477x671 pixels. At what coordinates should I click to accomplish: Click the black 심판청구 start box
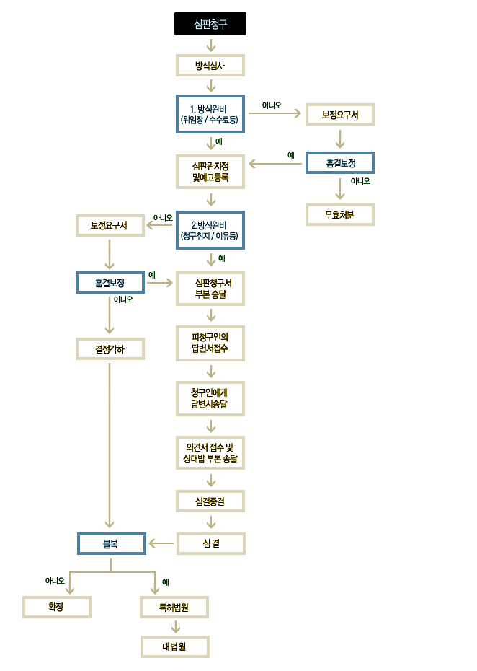coord(210,24)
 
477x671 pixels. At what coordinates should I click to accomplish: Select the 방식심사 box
coord(210,66)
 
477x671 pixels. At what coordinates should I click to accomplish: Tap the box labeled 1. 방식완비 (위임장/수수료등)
coord(210,114)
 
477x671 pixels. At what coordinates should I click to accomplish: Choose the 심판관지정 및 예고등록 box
coord(210,172)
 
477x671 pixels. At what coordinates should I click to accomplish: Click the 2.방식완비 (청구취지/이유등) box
coord(210,230)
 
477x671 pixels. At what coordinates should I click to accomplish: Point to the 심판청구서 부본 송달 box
coord(210,289)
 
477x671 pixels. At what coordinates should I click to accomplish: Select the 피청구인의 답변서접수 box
coord(210,343)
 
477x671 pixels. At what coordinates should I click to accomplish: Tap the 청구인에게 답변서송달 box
coord(210,398)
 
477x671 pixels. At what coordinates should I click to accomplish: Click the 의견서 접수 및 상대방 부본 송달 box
coord(210,453)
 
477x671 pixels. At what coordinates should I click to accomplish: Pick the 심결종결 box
coord(210,501)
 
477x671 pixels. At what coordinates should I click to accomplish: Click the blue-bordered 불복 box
coord(112,543)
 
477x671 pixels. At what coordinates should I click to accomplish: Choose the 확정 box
coord(57,607)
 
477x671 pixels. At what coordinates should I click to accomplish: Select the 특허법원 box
coord(174,607)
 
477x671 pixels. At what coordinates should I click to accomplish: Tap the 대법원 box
coord(175,646)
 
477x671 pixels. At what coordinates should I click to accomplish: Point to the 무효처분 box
coord(340,215)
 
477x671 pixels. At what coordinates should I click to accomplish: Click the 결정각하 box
coord(110,348)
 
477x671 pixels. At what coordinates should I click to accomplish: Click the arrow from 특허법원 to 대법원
coord(175,626)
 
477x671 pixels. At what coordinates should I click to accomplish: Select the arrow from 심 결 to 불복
coord(161,543)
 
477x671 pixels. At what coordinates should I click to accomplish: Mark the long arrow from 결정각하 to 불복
coord(110,445)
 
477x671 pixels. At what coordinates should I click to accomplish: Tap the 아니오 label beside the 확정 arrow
coord(55,581)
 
